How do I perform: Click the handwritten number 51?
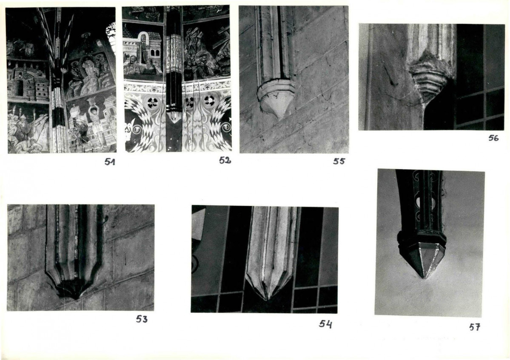110,162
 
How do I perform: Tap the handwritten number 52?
225,160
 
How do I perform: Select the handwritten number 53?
142,319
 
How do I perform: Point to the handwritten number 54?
325,324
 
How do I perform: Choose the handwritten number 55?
339,161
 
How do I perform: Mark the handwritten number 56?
493,138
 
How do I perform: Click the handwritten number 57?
475,327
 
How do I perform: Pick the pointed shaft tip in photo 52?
174,117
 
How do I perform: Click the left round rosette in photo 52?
151,102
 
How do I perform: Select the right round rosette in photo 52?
209,102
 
